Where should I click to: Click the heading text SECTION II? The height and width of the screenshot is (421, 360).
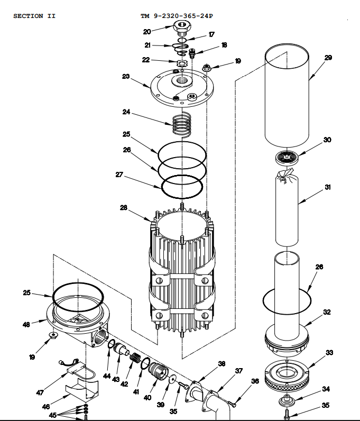click(34, 16)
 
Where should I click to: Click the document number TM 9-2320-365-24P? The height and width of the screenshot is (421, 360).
click(176, 16)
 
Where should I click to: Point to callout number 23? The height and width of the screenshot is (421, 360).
click(126, 76)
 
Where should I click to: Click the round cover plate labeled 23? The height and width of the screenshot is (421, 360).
click(180, 88)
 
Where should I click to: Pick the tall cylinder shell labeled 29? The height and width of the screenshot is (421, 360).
click(287, 95)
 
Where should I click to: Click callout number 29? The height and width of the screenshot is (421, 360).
click(328, 58)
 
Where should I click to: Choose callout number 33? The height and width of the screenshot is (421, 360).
click(329, 353)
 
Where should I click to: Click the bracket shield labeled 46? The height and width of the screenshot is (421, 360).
click(79, 390)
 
